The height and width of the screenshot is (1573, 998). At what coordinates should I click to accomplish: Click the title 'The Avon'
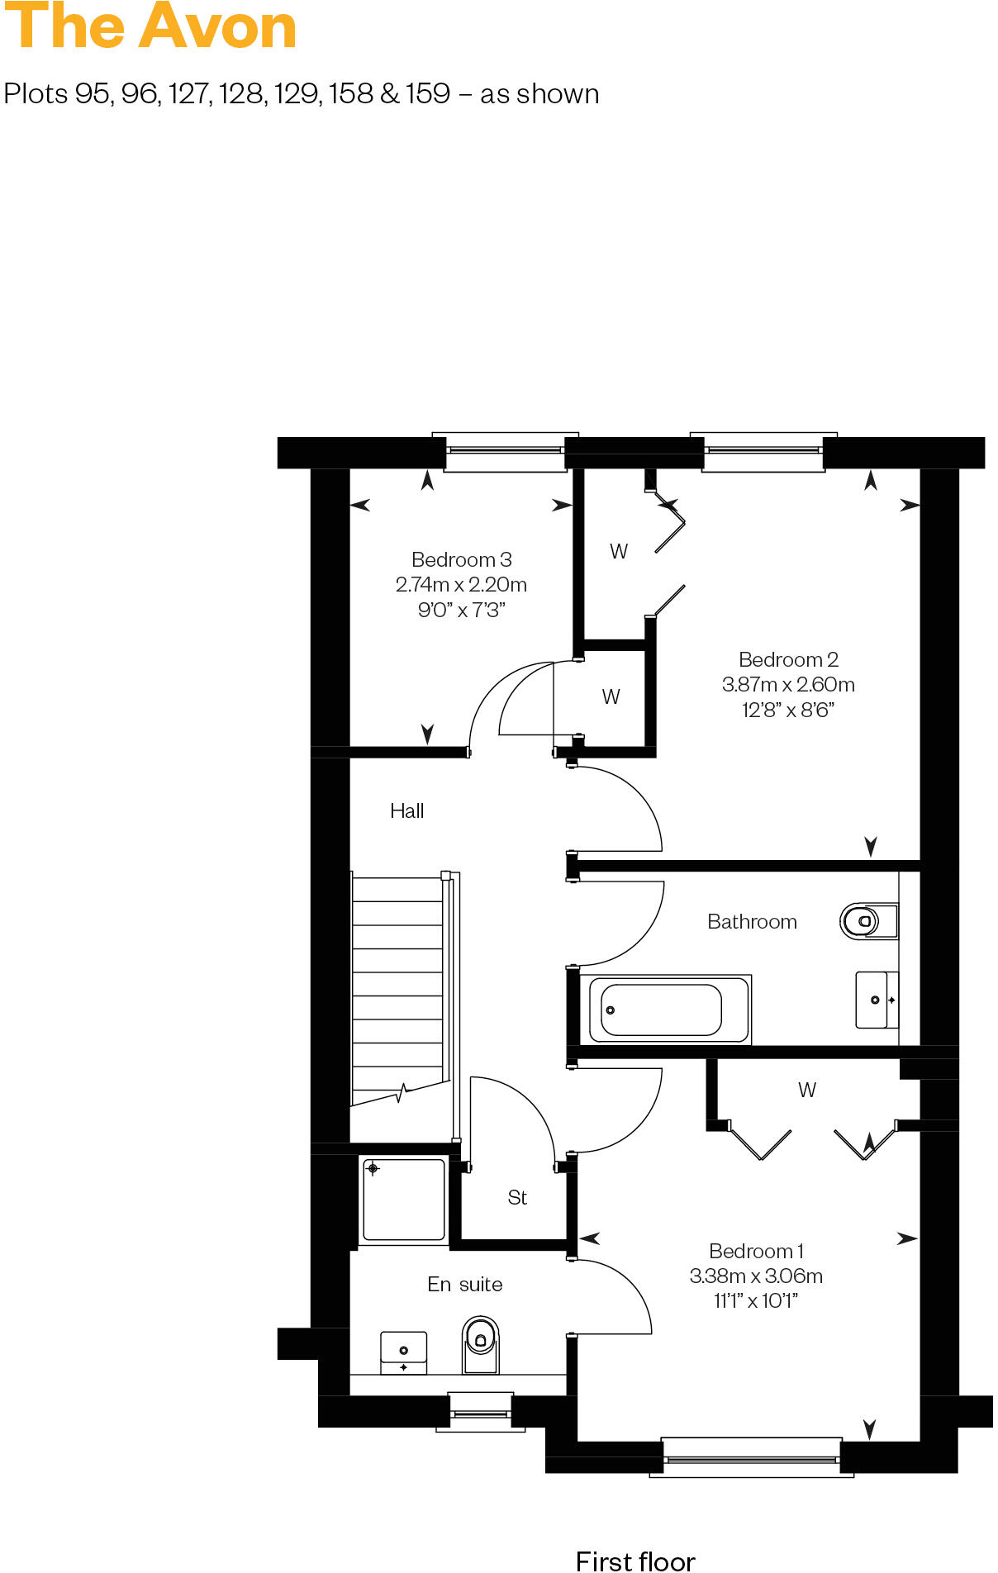click(150, 27)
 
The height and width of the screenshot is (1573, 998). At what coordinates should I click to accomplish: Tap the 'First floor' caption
click(634, 1560)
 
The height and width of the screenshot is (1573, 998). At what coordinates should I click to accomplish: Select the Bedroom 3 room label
click(461, 560)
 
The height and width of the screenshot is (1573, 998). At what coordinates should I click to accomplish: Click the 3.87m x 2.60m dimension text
click(787, 685)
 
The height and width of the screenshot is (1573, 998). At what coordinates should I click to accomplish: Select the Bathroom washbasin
click(874, 1000)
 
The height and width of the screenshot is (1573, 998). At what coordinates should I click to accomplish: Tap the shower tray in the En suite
click(403, 1200)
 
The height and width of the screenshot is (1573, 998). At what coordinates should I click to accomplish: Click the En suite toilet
click(480, 1344)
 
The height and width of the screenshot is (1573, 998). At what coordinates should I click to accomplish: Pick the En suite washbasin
click(403, 1352)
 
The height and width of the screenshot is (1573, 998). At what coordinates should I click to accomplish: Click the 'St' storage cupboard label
click(517, 1198)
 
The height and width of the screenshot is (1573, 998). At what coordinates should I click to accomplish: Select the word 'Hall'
click(406, 811)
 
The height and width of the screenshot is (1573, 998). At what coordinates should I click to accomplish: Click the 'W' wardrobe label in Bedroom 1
click(807, 1091)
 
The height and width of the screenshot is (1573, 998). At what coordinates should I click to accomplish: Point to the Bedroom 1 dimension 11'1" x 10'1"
click(755, 1301)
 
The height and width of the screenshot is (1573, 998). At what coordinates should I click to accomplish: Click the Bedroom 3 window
click(505, 451)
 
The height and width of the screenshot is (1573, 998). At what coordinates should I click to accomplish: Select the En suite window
click(480, 1414)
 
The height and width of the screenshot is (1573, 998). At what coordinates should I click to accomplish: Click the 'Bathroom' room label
click(752, 922)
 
